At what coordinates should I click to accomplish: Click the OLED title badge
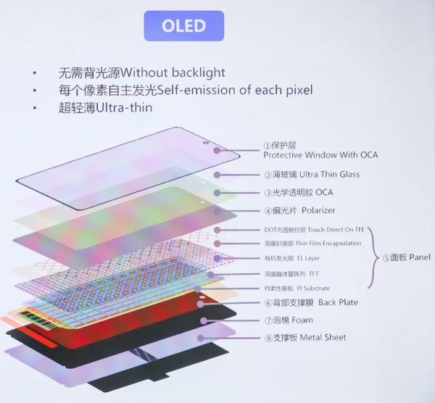(183, 26)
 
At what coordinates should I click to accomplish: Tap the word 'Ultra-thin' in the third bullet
(128, 107)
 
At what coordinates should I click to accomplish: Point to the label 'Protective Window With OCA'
(320, 155)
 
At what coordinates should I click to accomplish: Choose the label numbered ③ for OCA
(298, 193)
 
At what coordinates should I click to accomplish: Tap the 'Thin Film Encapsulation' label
(329, 244)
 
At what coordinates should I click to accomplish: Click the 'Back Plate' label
(338, 303)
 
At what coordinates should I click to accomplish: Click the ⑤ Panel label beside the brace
(406, 257)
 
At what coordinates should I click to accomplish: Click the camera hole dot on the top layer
(215, 151)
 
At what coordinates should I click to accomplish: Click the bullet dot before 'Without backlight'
(34, 73)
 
